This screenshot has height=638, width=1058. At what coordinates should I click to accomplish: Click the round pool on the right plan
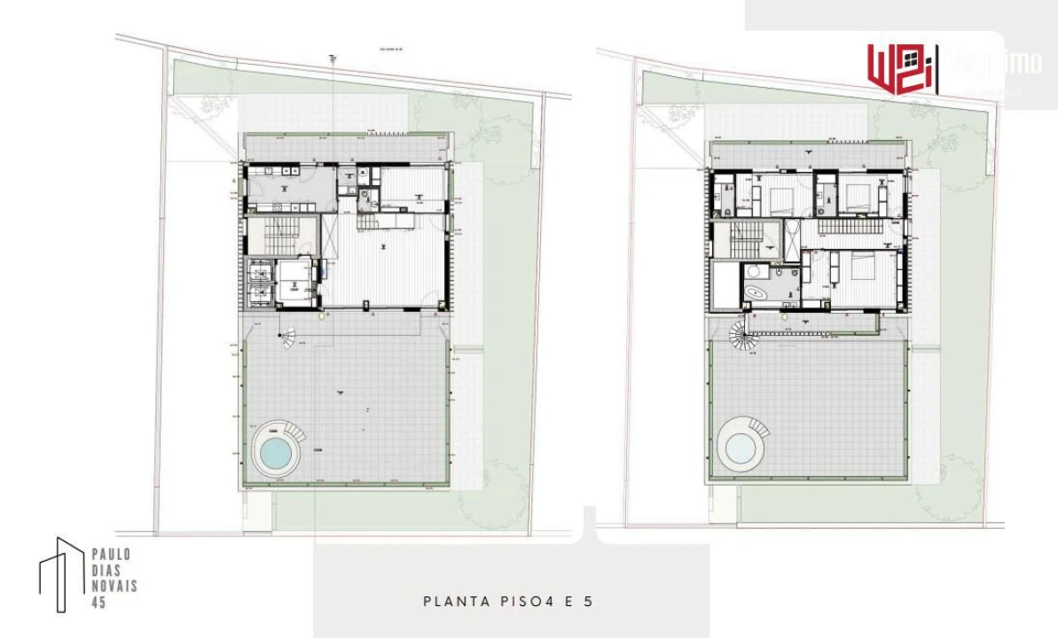(x=739, y=448)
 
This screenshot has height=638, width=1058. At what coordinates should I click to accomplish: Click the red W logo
(x=900, y=66)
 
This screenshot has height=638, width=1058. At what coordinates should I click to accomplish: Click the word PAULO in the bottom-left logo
(x=112, y=554)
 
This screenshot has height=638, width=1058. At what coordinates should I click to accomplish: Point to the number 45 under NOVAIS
(x=98, y=602)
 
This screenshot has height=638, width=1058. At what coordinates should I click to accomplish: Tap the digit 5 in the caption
(x=588, y=602)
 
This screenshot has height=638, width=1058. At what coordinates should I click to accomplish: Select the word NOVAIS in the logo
(x=114, y=586)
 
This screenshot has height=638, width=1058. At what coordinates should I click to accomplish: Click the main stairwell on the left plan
(x=268, y=237)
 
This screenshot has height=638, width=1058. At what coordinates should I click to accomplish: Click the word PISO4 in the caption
(x=529, y=602)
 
